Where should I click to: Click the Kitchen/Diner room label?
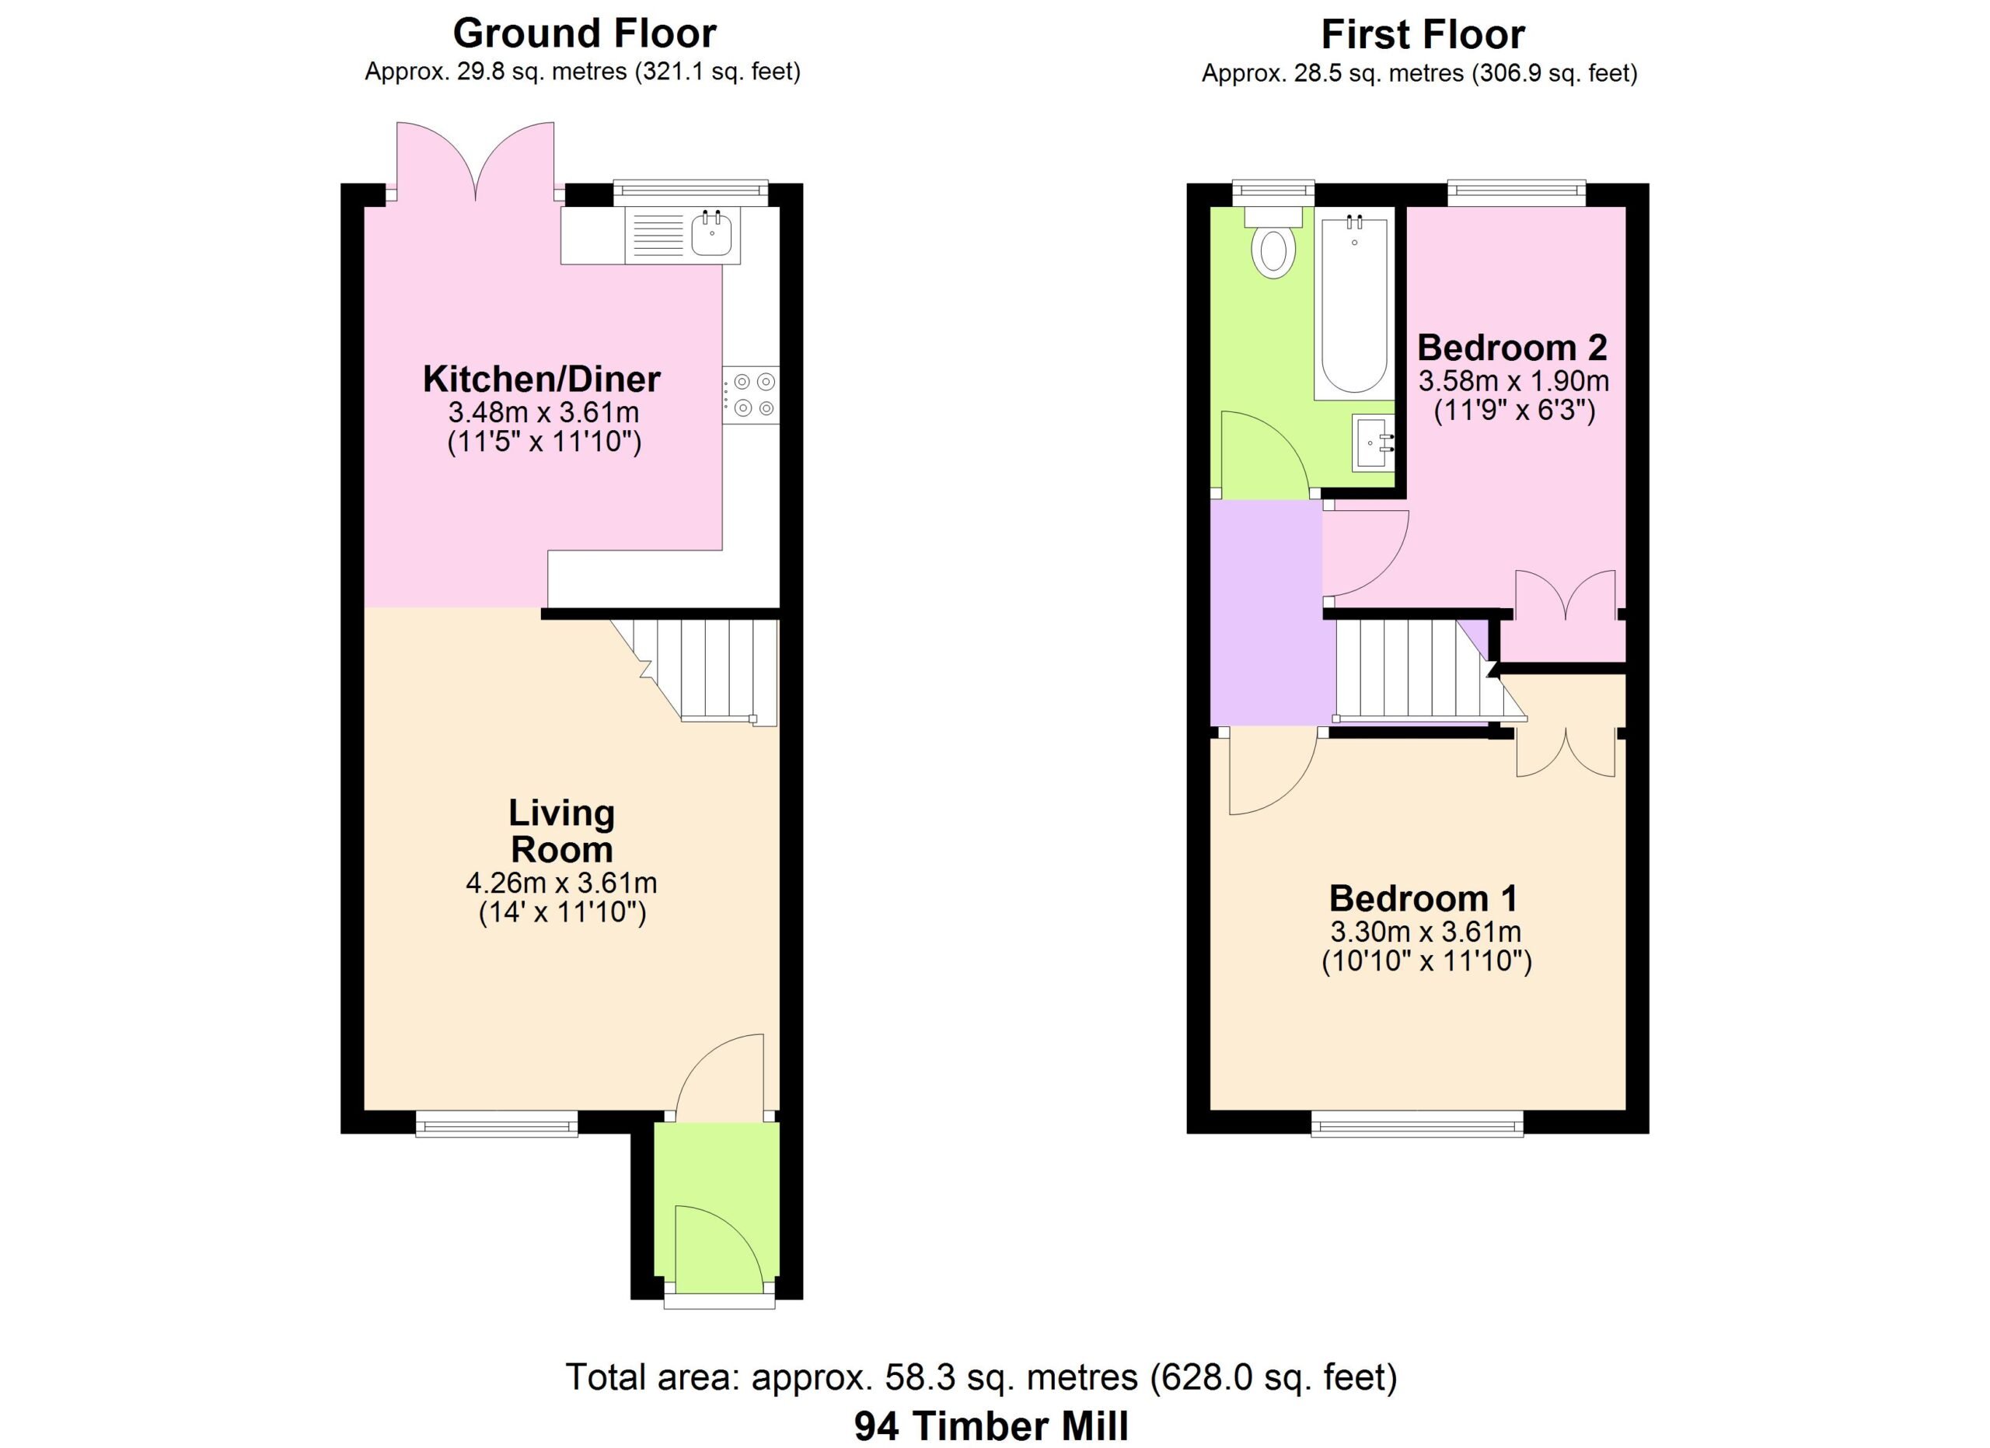pos(541,379)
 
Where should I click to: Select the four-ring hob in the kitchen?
pos(751,395)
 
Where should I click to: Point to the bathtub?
pos(1354,303)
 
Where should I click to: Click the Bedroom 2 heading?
pos(1513,348)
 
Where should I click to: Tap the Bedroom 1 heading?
pos(1423,899)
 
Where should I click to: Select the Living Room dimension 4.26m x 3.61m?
pos(561,883)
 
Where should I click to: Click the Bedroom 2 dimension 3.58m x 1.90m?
pos(1513,382)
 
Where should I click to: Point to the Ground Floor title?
pos(585,33)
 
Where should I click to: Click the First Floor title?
pos(1423,35)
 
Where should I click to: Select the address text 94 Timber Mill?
pos(991,1426)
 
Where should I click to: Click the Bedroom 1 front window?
pos(1417,1124)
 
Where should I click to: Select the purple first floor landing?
pos(1266,613)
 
